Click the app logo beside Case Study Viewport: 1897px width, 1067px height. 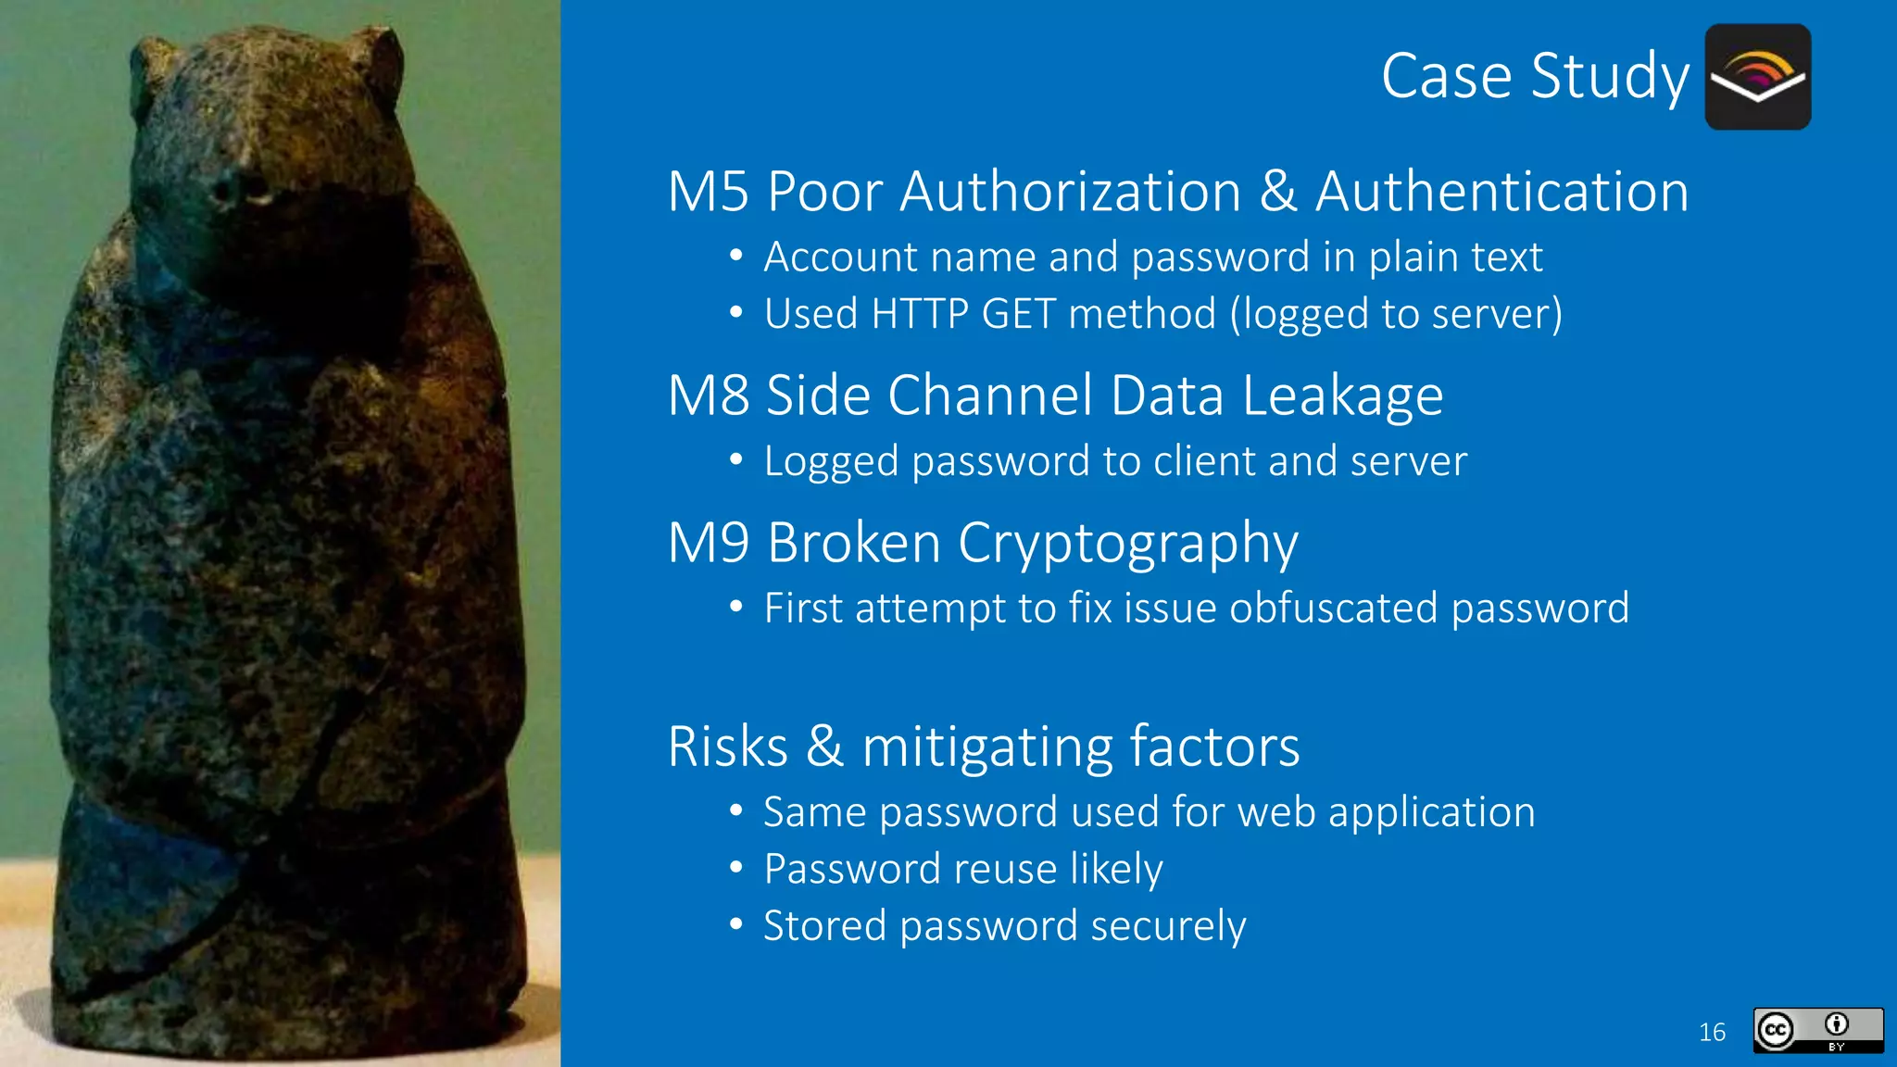click(x=1757, y=77)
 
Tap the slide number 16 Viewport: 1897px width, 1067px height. click(x=1712, y=1032)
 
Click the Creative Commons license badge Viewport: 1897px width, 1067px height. click(x=1817, y=1030)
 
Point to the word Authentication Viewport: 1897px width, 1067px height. click(x=1501, y=192)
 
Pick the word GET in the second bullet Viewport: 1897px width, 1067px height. click(x=1018, y=314)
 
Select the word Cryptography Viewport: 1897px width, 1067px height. click(x=1127, y=545)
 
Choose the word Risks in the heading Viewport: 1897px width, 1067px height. click(x=728, y=747)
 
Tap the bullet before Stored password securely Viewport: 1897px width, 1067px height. click(x=736, y=924)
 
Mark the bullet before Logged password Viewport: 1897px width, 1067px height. click(x=736, y=459)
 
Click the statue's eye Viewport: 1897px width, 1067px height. click(x=225, y=192)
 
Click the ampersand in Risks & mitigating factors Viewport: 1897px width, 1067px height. click(x=824, y=747)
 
